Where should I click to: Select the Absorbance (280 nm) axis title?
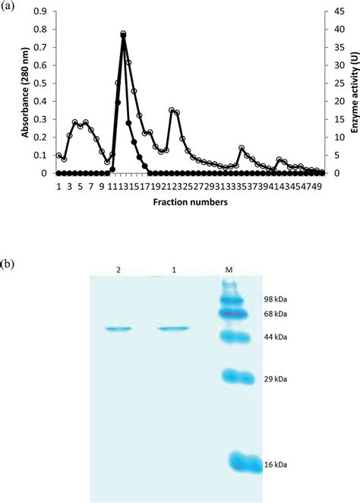click(25, 91)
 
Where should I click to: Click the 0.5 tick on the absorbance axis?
click(43, 84)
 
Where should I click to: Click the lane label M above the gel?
click(229, 270)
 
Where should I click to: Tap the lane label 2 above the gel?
click(118, 270)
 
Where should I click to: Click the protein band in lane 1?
click(174, 328)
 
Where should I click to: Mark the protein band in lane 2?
click(118, 329)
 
